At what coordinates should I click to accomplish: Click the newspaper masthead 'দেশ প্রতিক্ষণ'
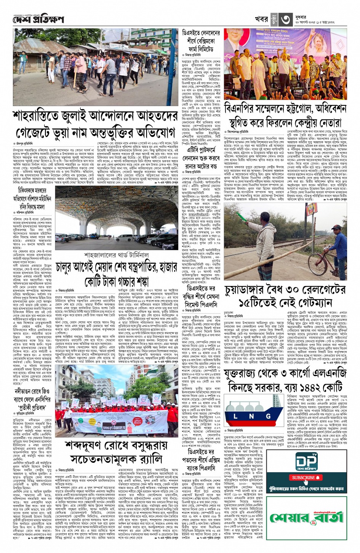pos(38,19)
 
